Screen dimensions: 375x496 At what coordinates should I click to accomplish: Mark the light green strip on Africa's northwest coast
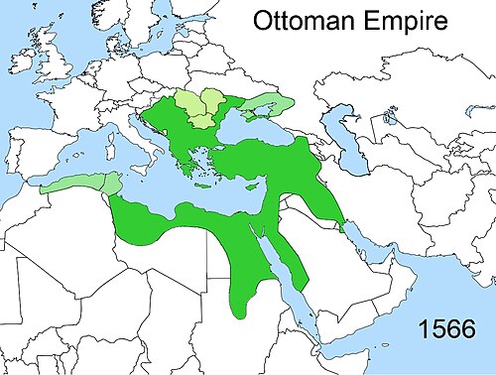74,186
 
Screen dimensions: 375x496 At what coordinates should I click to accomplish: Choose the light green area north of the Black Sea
269,105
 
